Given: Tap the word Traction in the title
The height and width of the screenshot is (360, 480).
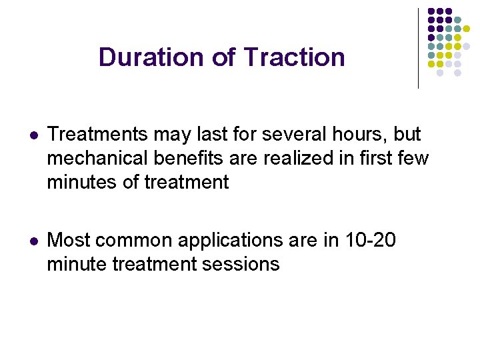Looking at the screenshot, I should coord(294,57).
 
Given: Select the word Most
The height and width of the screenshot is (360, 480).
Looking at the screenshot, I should coord(69,240).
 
